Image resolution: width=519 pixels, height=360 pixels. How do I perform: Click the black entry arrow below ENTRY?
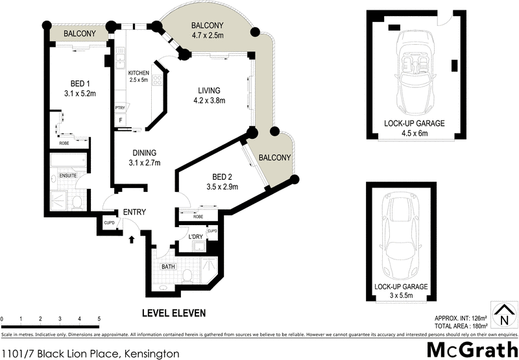click(x=132, y=239)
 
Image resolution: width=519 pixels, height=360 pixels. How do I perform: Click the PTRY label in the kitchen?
click(x=119, y=108)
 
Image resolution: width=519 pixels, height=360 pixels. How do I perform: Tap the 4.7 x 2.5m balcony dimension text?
click(x=208, y=36)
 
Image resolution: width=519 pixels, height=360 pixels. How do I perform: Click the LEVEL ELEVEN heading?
click(x=173, y=313)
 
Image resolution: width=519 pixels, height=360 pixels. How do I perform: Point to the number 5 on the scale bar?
click(x=99, y=319)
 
